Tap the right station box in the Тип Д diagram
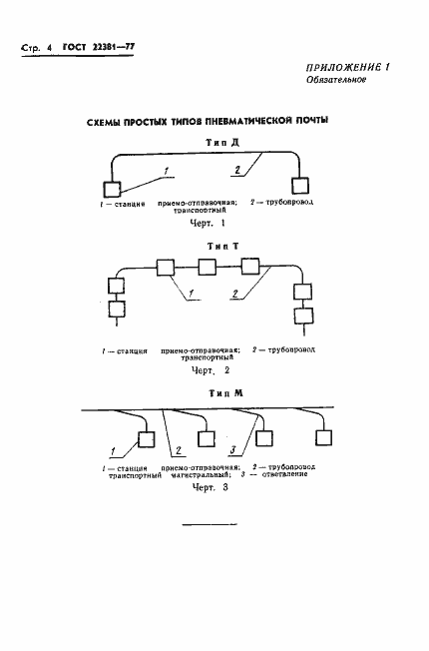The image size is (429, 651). point(296,186)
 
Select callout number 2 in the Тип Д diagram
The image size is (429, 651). point(237,171)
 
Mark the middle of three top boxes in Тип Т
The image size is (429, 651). point(207,267)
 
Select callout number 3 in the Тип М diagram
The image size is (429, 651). point(230,451)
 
